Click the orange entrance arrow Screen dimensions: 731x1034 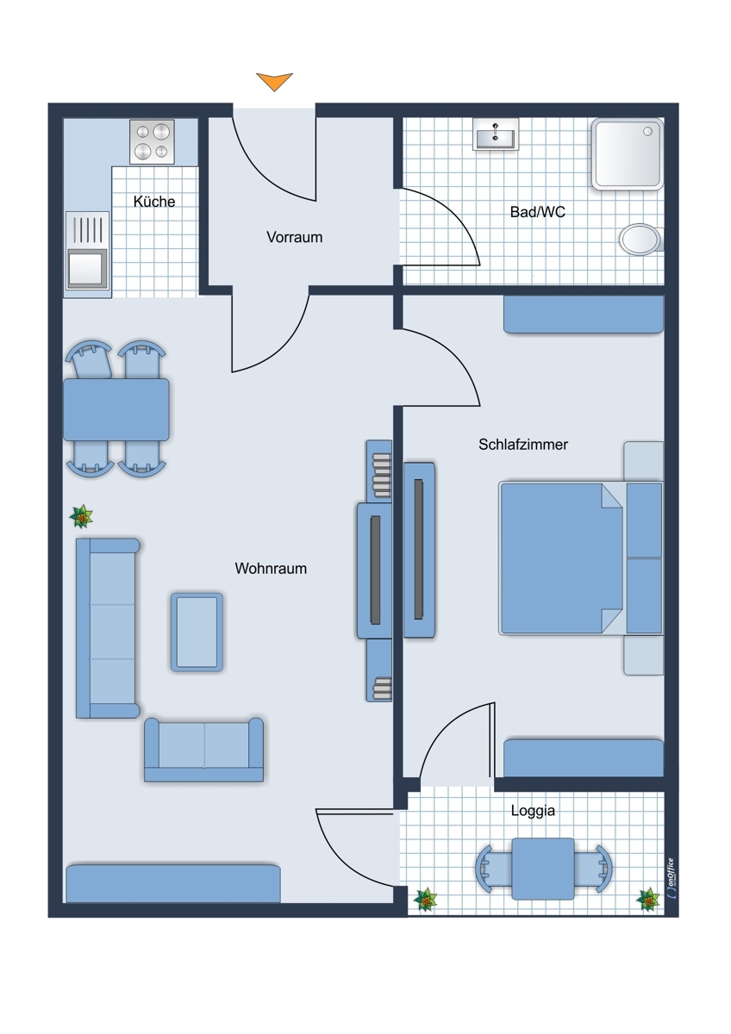click(x=274, y=81)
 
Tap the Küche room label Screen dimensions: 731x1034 click(x=154, y=202)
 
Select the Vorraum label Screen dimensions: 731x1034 click(x=294, y=237)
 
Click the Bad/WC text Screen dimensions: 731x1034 click(x=538, y=212)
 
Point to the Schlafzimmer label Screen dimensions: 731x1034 click(x=523, y=445)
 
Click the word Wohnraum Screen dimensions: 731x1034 click(x=271, y=568)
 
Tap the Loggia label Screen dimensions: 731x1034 click(x=533, y=810)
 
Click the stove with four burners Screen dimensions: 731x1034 click(x=152, y=141)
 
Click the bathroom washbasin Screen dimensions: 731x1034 click(x=496, y=134)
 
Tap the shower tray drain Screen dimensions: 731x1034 click(x=648, y=132)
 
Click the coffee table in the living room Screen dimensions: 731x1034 click(x=197, y=632)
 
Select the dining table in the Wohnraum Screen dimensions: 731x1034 click(x=116, y=409)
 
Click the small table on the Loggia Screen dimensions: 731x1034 click(x=543, y=869)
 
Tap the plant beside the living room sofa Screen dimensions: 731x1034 click(x=81, y=517)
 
